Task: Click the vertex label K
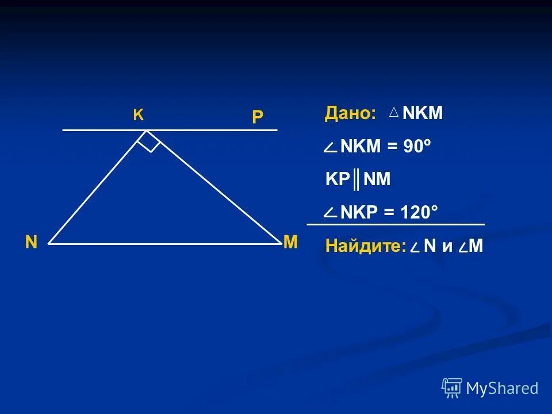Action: point(139,115)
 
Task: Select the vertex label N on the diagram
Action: point(31,243)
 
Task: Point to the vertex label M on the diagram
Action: point(290,243)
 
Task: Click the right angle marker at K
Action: point(149,141)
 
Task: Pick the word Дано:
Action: point(350,113)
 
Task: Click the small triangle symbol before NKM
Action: point(394,113)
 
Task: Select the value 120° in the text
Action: point(418,213)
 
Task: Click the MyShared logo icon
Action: point(452,388)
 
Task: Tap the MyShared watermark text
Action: point(502,389)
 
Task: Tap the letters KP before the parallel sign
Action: point(338,179)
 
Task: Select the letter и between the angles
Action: point(447,246)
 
